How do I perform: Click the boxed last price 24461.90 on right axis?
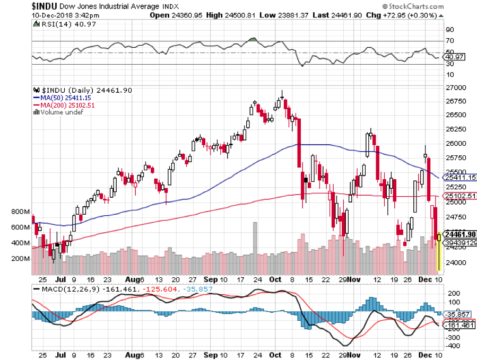point(459,234)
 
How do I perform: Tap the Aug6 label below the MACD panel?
point(136,353)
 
